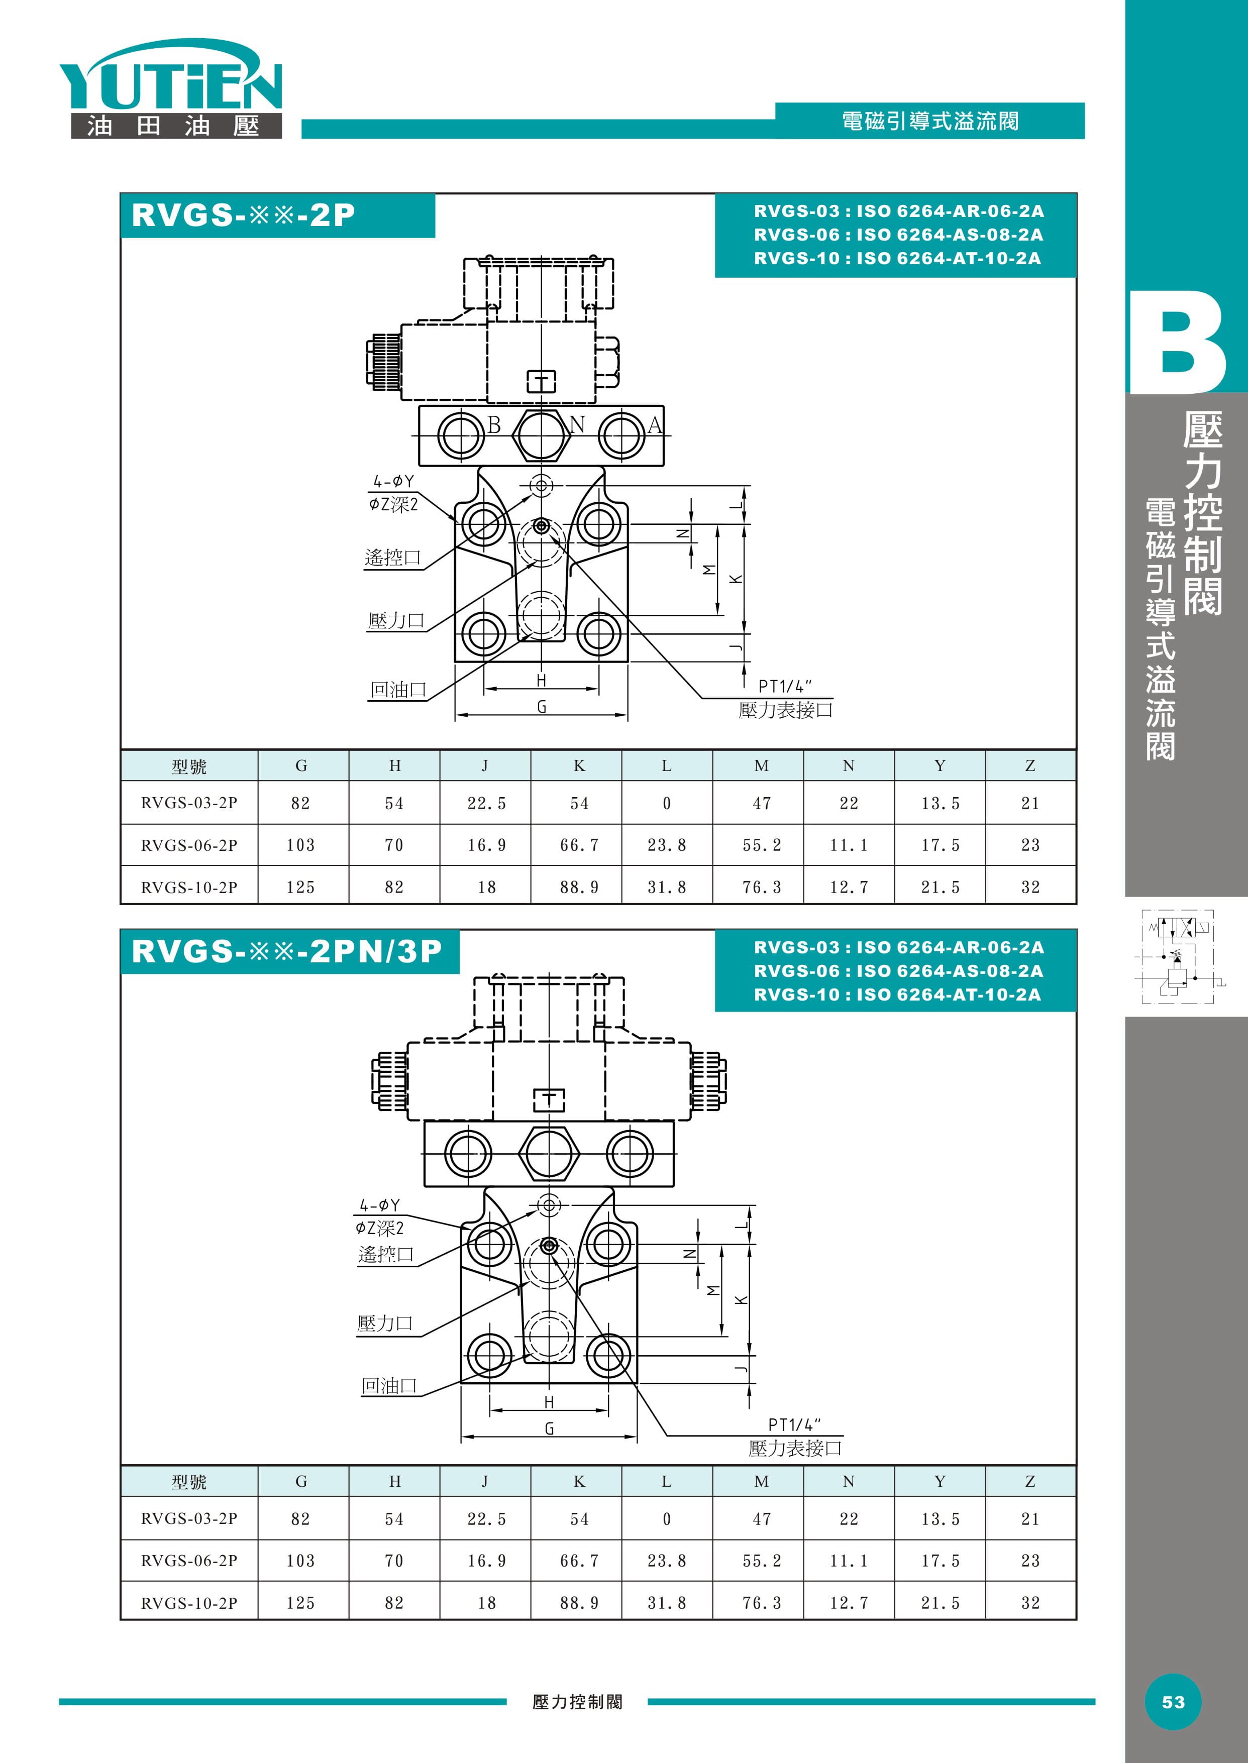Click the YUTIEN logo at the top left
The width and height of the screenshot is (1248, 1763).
171,88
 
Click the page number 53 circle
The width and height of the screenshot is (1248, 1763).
1173,1702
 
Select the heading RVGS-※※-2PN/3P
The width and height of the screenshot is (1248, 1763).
287,951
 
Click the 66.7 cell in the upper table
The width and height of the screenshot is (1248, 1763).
579,845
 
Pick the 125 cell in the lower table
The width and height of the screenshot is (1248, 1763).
300,1602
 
